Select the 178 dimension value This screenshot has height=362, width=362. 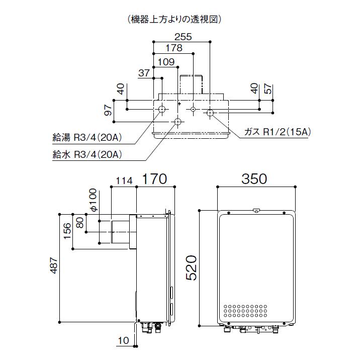click(173, 49)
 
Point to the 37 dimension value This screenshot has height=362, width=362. click(144, 73)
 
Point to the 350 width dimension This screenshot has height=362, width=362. click(255, 178)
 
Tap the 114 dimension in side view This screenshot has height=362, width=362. click(124, 181)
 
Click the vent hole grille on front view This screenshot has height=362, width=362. click(246, 311)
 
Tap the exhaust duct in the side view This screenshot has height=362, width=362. click(118, 232)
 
